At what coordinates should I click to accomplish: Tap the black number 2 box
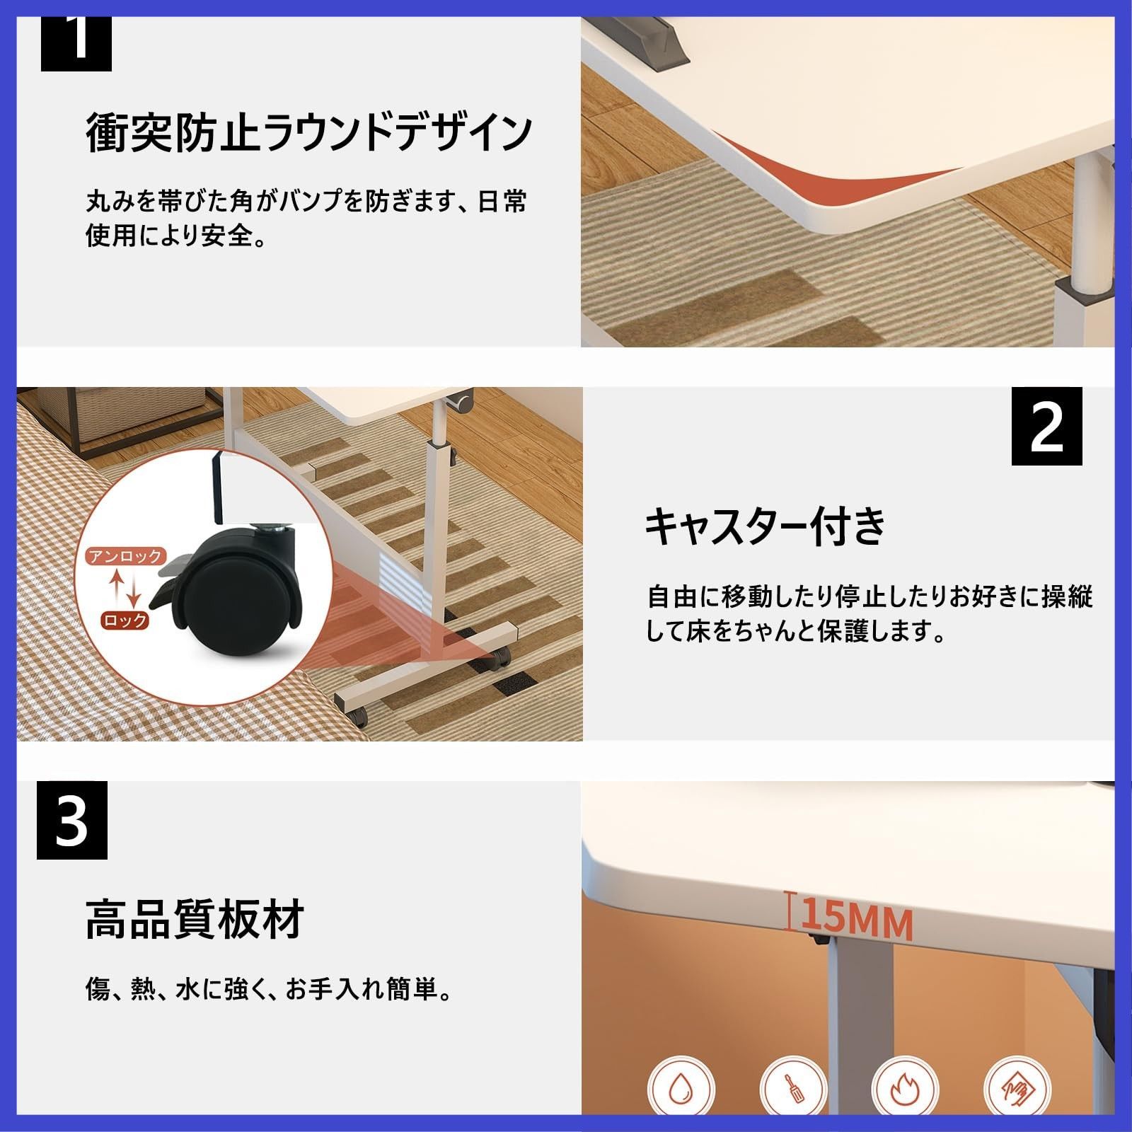(x=1046, y=426)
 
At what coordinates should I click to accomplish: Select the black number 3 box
(x=72, y=820)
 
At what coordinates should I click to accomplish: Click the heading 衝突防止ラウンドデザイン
(x=308, y=132)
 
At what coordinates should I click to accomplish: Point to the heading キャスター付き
(x=765, y=526)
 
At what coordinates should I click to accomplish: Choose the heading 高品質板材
(x=195, y=919)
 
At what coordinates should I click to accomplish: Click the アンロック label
(x=126, y=556)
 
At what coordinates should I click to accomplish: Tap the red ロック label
(x=125, y=620)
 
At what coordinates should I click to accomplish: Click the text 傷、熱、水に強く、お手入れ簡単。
(x=269, y=990)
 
